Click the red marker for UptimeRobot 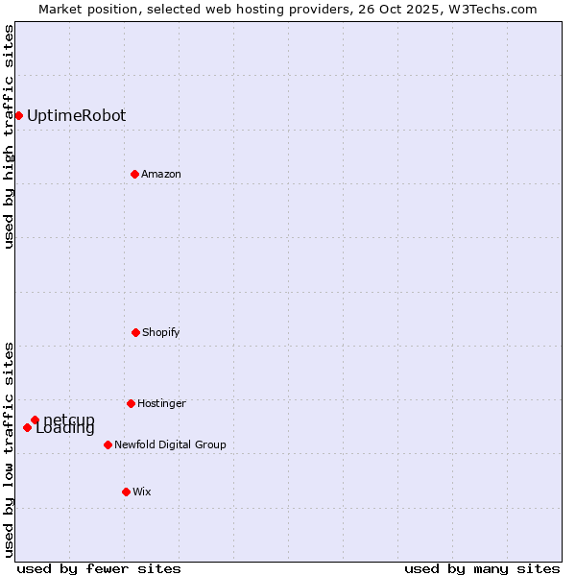click(18, 115)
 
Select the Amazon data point click(134, 174)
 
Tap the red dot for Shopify click(135, 332)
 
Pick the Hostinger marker click(131, 403)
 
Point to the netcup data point click(35, 420)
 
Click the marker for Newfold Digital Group click(108, 444)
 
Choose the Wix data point click(126, 492)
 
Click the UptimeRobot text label click(76, 116)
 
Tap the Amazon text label click(161, 175)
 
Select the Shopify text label click(161, 333)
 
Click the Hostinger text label click(161, 404)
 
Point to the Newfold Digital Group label click(170, 445)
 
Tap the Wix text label click(142, 492)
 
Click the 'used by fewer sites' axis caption click(99, 568)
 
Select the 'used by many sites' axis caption click(482, 568)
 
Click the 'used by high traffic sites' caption click(9, 136)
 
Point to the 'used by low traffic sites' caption click(9, 448)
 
